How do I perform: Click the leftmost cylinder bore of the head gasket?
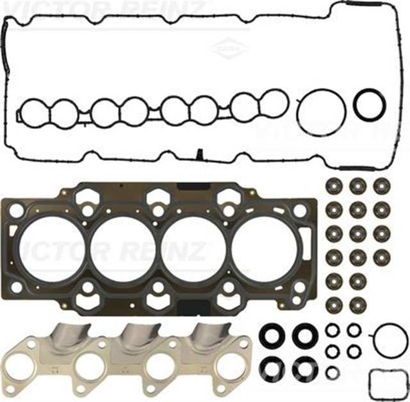pos(48,247)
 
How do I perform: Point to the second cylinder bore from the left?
pos(122,247)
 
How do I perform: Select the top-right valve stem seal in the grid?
pos(382,187)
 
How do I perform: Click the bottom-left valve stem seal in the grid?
pos(334,303)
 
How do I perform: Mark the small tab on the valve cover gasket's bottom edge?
pos(199,154)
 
